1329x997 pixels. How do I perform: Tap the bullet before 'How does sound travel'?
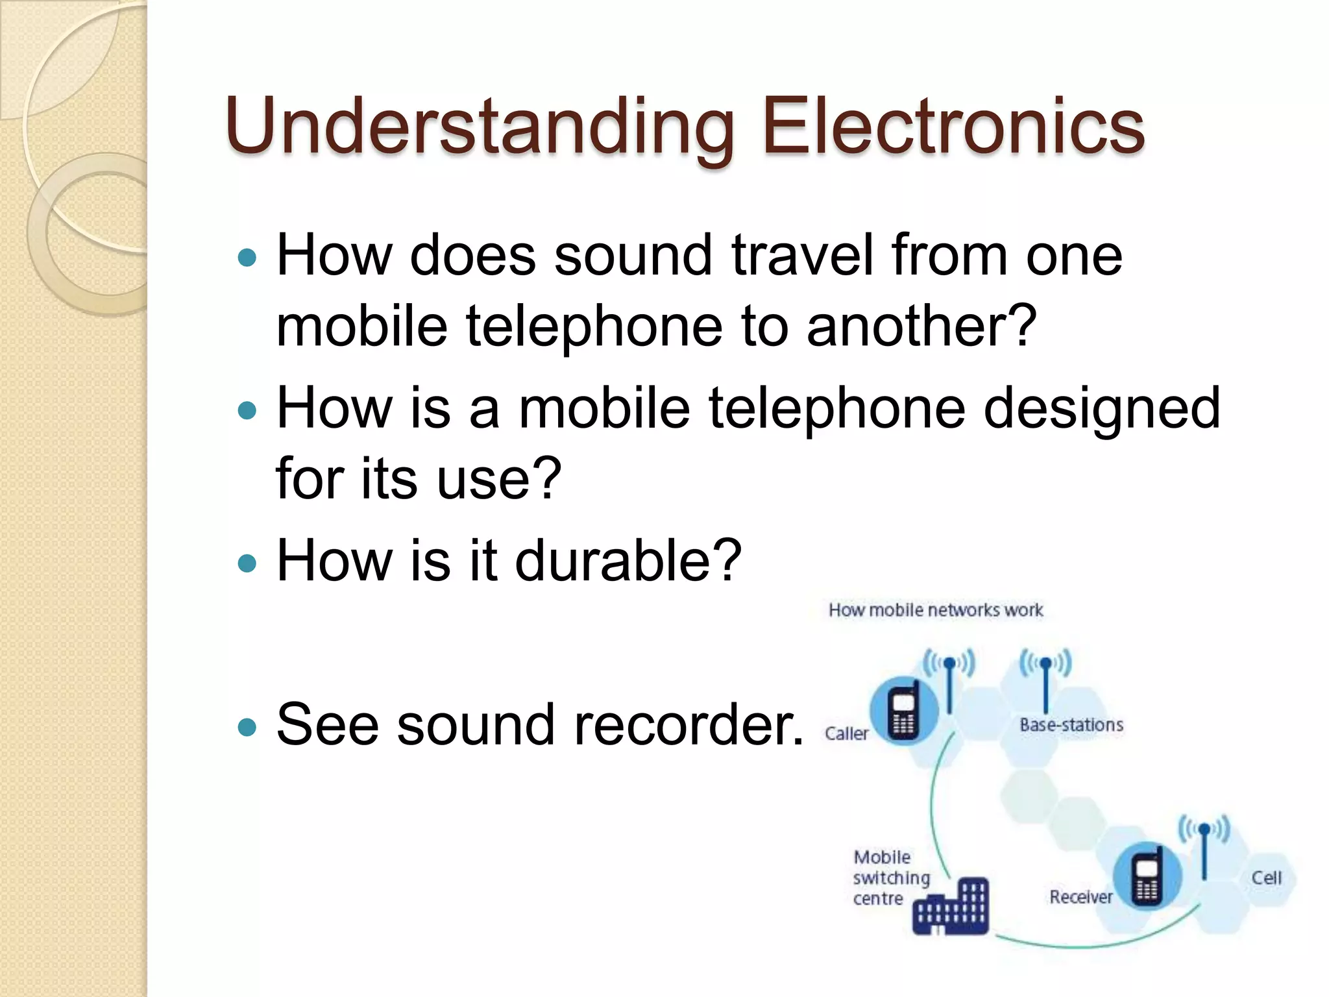coord(247,259)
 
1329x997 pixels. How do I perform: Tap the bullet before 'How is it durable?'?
coord(247,563)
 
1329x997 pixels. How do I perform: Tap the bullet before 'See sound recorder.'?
coord(247,726)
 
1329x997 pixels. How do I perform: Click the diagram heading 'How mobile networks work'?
coord(935,610)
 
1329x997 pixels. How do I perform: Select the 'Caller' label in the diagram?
coord(846,733)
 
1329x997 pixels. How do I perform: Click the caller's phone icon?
coord(904,711)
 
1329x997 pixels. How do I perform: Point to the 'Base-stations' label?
coord(1071,725)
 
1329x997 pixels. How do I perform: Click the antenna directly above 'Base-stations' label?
coord(1045,682)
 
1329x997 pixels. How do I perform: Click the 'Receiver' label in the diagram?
coord(1080,897)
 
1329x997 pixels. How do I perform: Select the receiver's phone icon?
coord(1147,876)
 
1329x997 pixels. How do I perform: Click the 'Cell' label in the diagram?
coord(1266,878)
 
